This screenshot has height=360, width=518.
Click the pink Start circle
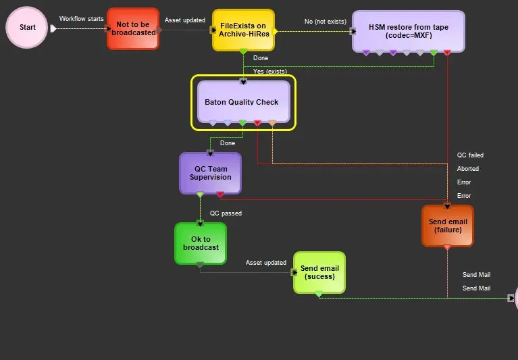coord(27,28)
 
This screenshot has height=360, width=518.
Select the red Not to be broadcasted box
coord(133,28)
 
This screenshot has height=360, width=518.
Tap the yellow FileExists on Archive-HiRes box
coord(243,30)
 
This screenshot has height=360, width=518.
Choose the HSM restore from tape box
coord(408,30)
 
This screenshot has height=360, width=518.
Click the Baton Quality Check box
coord(243,102)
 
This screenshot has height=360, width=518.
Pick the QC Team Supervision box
coord(210,172)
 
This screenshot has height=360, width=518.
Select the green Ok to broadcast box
coord(201,243)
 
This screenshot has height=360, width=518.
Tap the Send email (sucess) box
coord(319,272)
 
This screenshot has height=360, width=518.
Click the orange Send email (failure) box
coord(448,226)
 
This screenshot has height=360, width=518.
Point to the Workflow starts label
coord(81,19)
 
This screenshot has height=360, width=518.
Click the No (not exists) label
coord(326,22)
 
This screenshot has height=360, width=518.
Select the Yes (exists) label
coord(269,71)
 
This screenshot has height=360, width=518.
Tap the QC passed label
coord(226,213)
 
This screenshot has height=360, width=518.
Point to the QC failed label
coord(470,155)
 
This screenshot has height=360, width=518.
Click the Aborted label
coord(467,169)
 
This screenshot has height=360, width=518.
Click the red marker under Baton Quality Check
coord(257,123)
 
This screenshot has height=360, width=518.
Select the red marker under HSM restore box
coord(447,53)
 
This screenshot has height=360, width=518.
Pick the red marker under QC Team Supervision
coord(220,195)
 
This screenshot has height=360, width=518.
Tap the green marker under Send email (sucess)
coord(319,294)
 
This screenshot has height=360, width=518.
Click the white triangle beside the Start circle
coord(53,28)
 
